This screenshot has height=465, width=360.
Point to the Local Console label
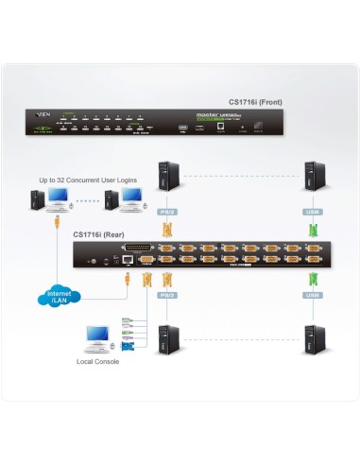[97, 361]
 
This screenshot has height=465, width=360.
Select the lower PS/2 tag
[168, 294]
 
